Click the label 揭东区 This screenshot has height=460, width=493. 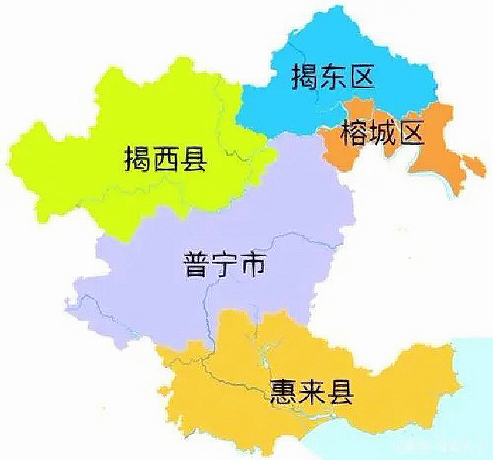coord(333,77)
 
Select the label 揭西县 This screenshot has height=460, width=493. coord(166,158)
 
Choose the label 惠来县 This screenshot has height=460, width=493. coord(312,392)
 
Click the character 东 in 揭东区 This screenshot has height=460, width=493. coord(333,77)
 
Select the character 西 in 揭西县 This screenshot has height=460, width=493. coord(166,158)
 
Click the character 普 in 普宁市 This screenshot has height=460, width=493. coord(197,265)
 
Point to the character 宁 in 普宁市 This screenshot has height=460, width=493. coord(225,265)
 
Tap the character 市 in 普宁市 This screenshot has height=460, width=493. coord(253,265)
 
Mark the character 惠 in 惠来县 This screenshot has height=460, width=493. coord(284,392)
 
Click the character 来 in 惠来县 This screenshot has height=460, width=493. coord(312,392)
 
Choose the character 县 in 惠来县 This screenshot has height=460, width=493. coord(339,392)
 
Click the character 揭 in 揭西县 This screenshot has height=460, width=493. coord(137,158)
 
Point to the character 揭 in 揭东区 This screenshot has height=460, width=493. coord(305,77)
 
